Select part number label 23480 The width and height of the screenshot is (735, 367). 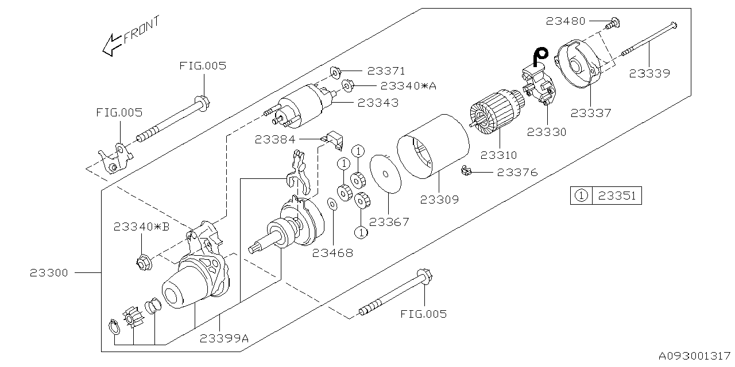point(566,21)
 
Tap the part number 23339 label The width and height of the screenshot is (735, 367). point(649,73)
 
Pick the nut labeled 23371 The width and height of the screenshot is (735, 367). point(335,72)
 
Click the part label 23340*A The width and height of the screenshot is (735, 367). point(408,86)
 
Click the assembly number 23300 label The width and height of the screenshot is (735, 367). point(49,273)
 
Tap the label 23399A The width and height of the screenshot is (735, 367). point(224,338)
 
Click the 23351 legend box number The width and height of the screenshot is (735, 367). point(617,196)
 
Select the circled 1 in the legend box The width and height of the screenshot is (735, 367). point(581,196)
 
